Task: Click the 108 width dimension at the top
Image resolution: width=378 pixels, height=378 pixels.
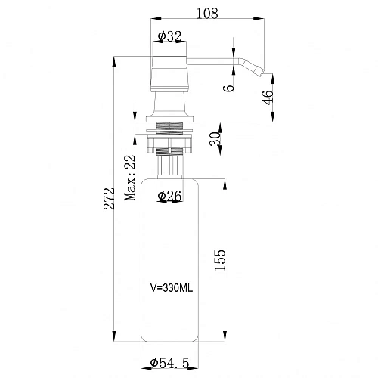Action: (207, 14)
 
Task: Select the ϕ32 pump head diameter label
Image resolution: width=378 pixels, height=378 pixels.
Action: (169, 36)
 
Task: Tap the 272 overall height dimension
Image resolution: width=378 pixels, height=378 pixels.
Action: (109, 198)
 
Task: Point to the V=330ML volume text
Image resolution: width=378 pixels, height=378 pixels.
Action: (172, 288)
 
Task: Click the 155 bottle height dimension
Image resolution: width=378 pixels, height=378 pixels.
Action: (219, 260)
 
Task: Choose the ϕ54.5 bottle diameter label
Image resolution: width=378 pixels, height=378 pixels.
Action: (169, 363)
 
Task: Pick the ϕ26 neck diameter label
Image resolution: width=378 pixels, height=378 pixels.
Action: (169, 196)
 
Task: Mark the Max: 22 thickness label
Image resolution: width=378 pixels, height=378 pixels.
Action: (130, 178)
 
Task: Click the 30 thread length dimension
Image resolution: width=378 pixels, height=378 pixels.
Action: (215, 139)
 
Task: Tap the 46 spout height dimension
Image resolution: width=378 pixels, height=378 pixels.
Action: (268, 98)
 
